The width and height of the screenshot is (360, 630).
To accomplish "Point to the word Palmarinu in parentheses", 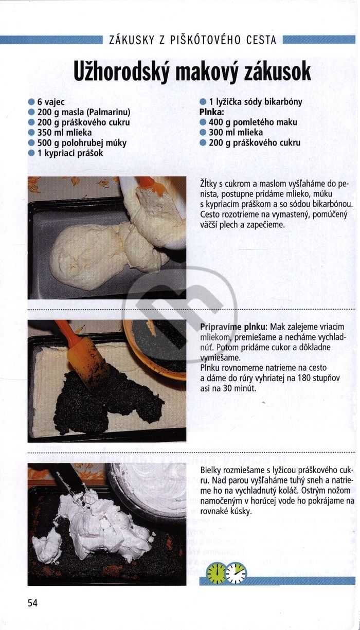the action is pyautogui.click(x=108, y=112).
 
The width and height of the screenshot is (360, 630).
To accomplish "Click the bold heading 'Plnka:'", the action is pyautogui.click(x=212, y=112).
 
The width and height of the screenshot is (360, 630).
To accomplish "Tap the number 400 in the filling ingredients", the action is pyautogui.click(x=215, y=122).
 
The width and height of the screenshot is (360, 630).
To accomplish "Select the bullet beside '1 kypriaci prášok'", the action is pyautogui.click(x=31, y=153).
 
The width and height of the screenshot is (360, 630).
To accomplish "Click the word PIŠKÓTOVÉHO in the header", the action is pyautogui.click(x=205, y=40).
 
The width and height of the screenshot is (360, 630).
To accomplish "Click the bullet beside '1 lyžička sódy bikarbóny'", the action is pyautogui.click(x=203, y=102).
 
